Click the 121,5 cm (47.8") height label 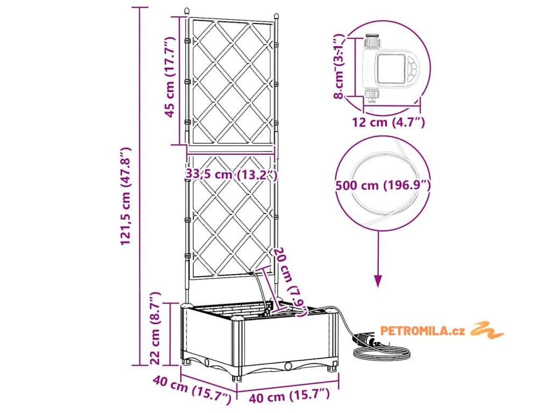click(x=126, y=196)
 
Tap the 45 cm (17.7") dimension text click(x=170, y=78)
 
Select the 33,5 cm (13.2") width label click(x=231, y=175)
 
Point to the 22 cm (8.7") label click(x=155, y=327)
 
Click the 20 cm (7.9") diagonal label click(x=291, y=280)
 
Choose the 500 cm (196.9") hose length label click(x=383, y=186)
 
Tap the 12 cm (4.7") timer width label click(x=388, y=122)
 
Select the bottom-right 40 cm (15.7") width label click(x=289, y=397)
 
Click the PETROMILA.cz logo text click(x=422, y=331)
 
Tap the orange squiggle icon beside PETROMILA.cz click(x=487, y=330)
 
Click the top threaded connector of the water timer click(x=371, y=42)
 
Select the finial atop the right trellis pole click(x=276, y=17)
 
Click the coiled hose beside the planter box click(x=382, y=352)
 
